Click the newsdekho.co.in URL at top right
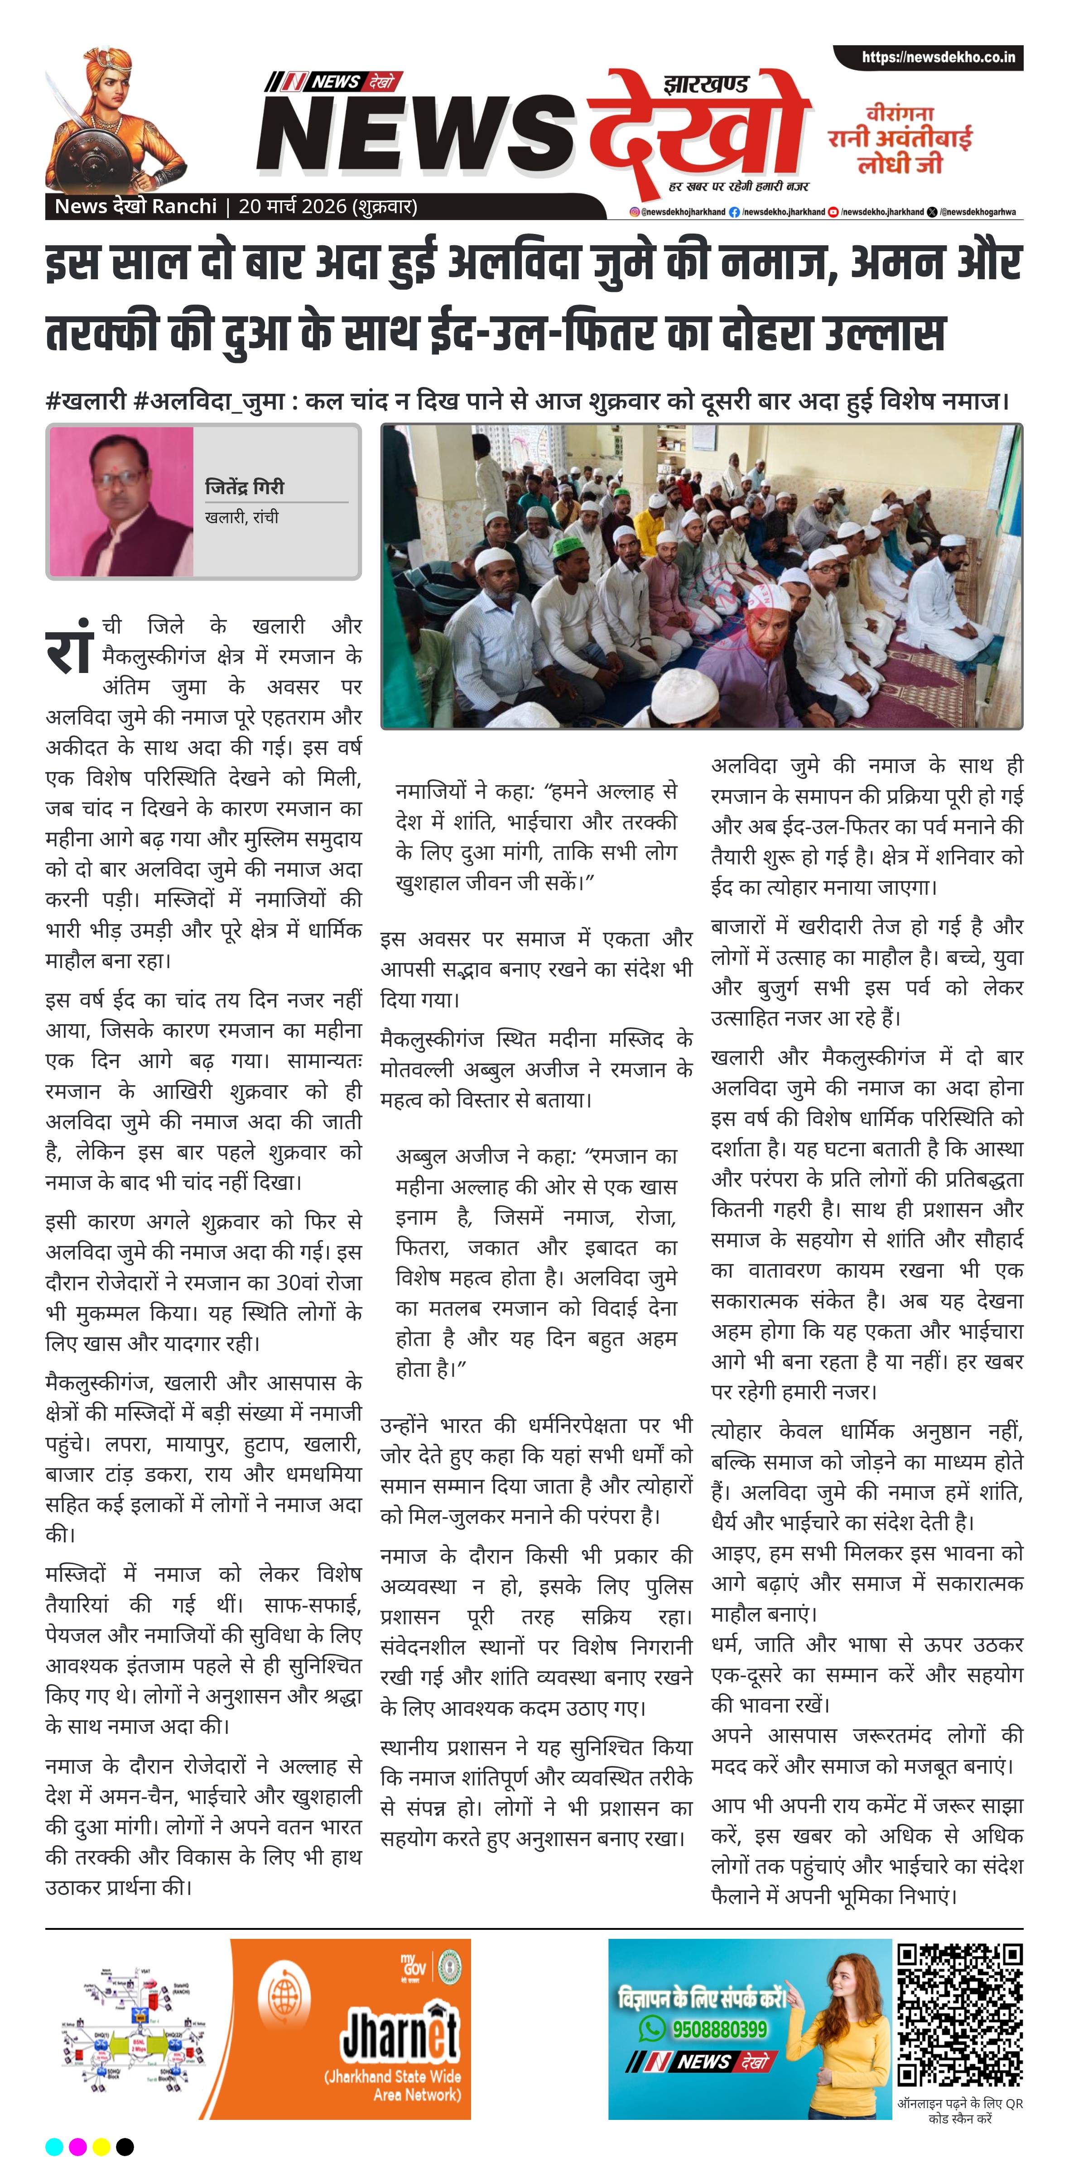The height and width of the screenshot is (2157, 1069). (938, 58)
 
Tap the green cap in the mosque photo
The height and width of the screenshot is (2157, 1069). (570, 545)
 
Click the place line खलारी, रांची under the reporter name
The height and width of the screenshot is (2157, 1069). (241, 517)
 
